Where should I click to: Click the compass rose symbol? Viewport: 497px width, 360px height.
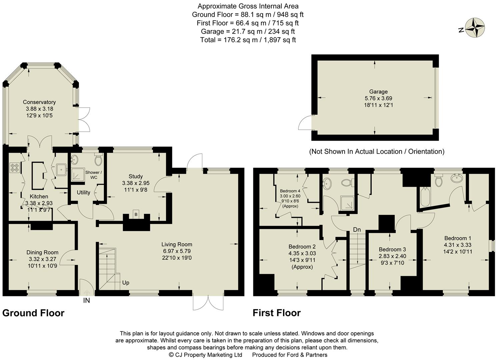(475, 28)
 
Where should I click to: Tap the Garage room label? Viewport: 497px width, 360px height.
(378, 92)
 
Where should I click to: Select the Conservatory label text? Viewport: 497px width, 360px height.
(39, 102)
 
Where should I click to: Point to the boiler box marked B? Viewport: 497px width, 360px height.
(136, 214)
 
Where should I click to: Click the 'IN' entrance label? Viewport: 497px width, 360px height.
(86, 301)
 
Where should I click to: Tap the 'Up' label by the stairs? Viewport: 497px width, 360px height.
(126, 283)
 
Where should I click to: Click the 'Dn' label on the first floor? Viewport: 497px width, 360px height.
(357, 230)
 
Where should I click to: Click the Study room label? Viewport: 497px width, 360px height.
(136, 176)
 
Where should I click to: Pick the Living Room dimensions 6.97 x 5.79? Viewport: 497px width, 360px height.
(177, 251)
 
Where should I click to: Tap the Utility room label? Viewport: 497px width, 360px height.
(83, 192)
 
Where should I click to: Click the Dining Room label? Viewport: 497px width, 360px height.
(42, 253)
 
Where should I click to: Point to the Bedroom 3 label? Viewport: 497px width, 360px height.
(392, 249)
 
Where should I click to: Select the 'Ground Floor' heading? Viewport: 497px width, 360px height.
(33, 313)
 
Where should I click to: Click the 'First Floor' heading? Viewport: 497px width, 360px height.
(277, 313)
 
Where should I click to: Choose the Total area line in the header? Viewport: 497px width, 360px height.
(248, 40)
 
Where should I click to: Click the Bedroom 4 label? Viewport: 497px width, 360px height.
(290, 191)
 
